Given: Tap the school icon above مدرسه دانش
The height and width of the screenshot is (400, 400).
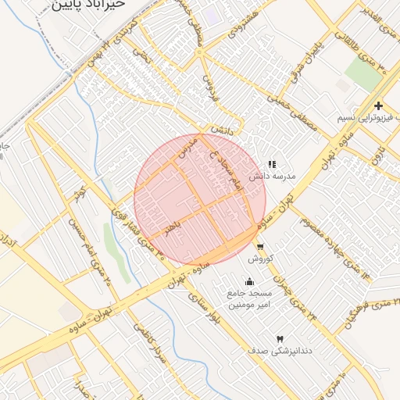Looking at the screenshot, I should (x=272, y=165).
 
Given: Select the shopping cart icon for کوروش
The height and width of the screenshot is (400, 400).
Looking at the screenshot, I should (x=259, y=246).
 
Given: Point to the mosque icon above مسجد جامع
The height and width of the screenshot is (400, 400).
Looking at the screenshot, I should (x=249, y=282).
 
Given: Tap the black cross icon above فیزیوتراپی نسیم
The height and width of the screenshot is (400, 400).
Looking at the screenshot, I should (x=378, y=105).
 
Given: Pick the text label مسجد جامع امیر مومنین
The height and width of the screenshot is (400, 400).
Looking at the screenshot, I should (x=250, y=298).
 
